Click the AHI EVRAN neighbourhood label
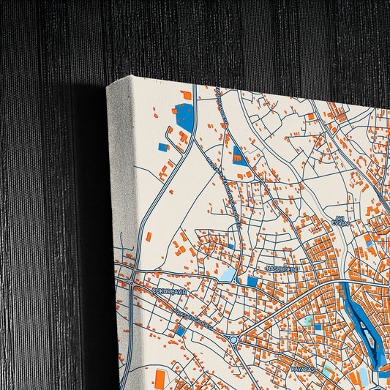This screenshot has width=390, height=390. [x=338, y=221]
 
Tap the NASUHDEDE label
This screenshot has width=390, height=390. [x=281, y=269]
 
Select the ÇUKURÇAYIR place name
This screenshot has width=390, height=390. [x=170, y=290]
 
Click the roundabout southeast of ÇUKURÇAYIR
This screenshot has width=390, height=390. [x=234, y=339]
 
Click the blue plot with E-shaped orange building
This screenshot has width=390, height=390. [x=239, y=154]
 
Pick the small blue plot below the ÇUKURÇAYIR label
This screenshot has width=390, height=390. [x=180, y=330]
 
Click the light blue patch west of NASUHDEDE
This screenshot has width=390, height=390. [x=229, y=274]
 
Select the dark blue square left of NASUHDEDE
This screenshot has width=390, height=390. [x=252, y=281]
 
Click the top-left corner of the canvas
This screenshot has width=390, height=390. [x=108, y=85]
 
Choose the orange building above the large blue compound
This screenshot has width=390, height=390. [x=187, y=95]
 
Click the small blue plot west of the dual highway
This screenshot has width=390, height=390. [x=162, y=147]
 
